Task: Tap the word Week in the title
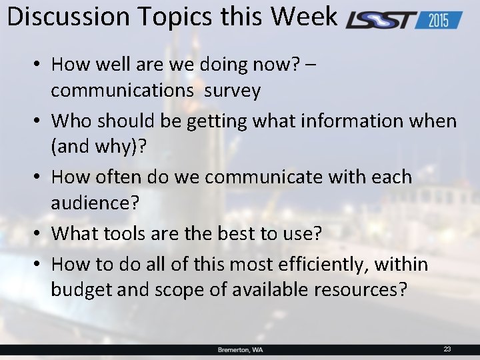307,17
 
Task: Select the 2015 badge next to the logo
438,20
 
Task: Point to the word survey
232,90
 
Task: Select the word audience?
95,203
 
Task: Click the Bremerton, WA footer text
240,349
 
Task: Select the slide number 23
447,349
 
